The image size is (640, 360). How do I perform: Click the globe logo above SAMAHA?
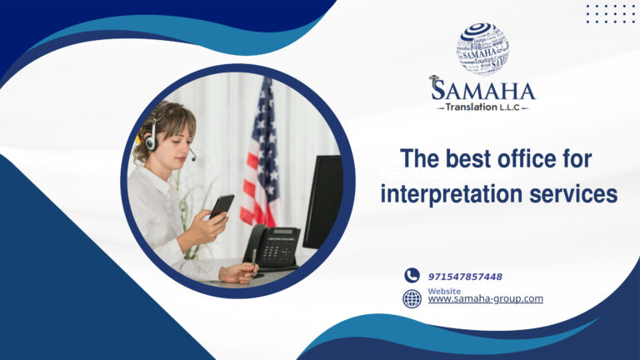(x=482, y=48)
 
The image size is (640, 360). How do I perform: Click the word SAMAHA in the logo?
(x=483, y=90)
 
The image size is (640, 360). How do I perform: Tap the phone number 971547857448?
(x=465, y=277)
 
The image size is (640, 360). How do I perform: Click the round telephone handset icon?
(x=412, y=276)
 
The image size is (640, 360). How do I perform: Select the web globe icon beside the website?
(x=412, y=298)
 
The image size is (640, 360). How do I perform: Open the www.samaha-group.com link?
(x=485, y=299)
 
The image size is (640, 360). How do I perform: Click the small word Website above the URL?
(x=443, y=291)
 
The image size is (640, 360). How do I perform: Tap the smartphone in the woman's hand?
(x=221, y=207)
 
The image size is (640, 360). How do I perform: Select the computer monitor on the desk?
(x=322, y=200)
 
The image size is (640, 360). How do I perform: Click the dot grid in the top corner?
(x=610, y=13)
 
